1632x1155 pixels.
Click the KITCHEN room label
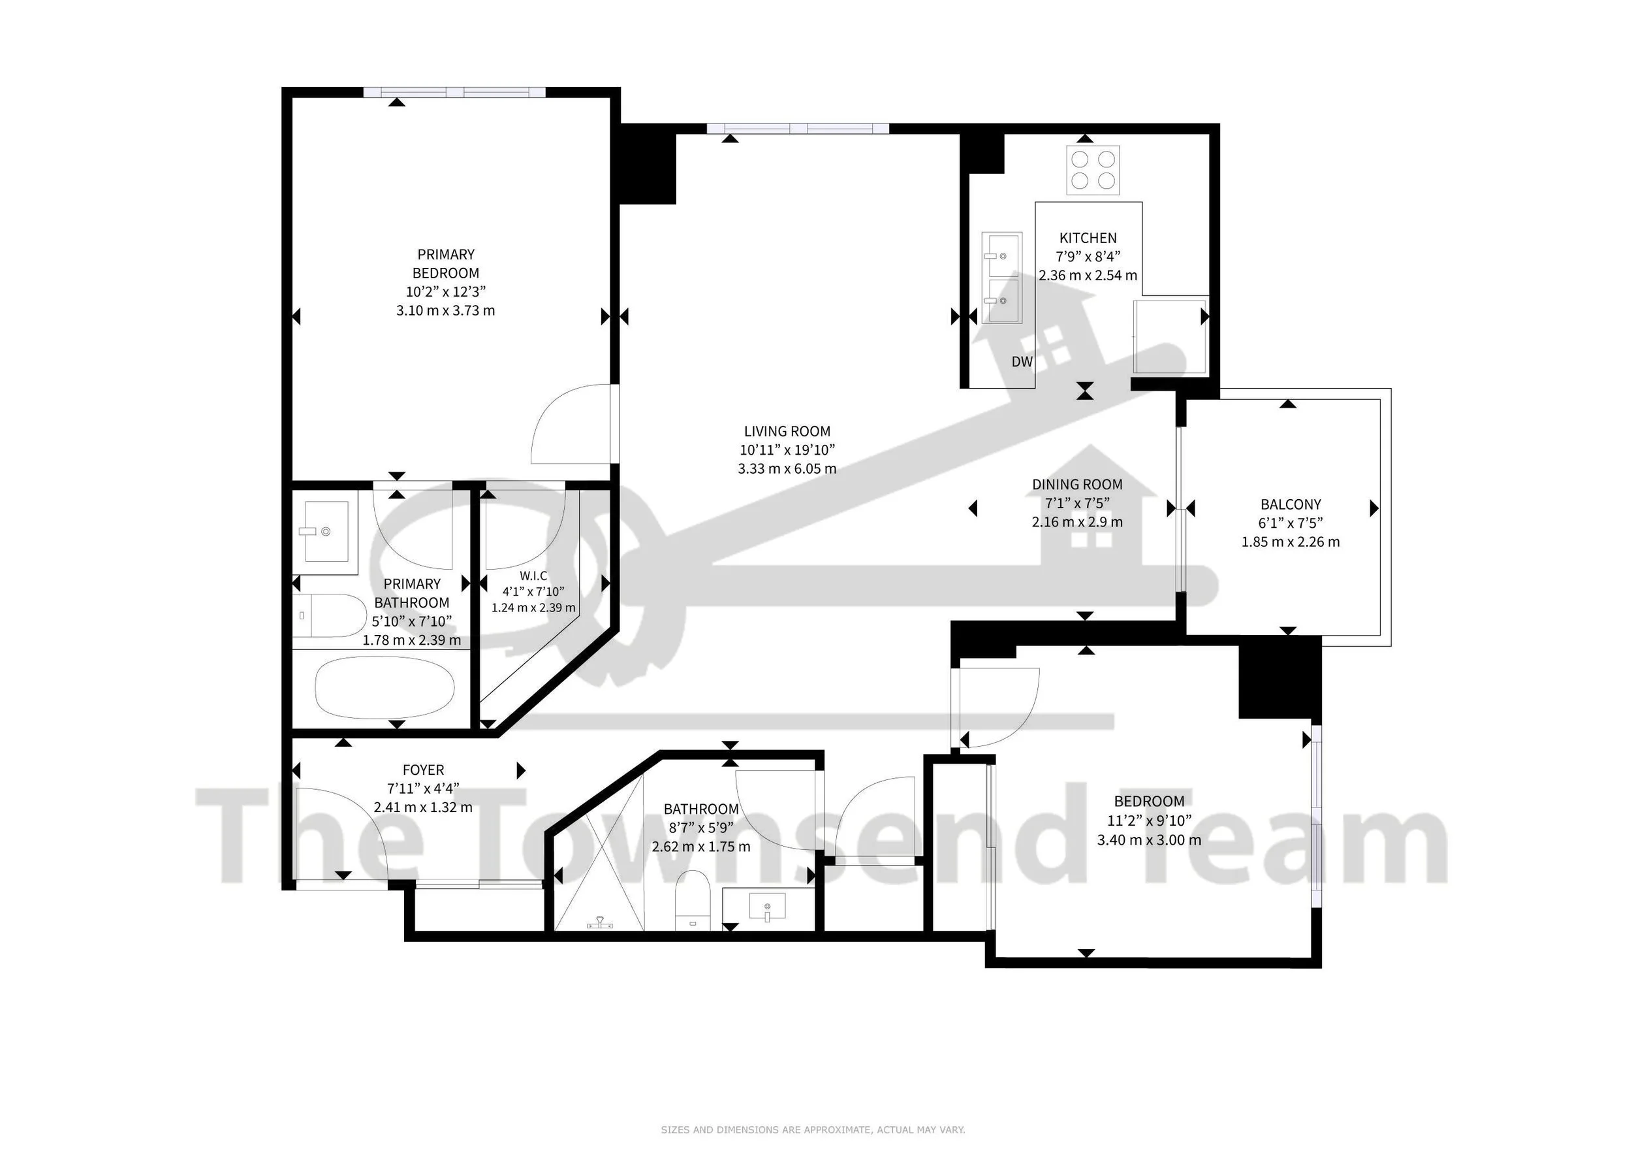click(x=1088, y=238)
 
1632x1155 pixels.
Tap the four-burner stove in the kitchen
click(x=1093, y=171)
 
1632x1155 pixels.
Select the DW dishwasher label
click(x=1022, y=362)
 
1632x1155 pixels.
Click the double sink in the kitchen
click(x=1001, y=278)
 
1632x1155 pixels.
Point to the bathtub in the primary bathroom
click(x=384, y=687)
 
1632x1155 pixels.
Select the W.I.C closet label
click(x=533, y=576)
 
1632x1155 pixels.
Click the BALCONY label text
click(x=1290, y=505)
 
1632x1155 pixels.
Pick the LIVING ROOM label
click(x=787, y=431)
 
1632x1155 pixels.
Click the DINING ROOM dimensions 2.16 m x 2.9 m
click(x=1077, y=522)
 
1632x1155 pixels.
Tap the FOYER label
click(x=423, y=770)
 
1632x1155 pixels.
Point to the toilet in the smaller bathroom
click(x=693, y=900)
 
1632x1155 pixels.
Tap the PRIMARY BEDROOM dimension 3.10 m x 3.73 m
click(x=445, y=311)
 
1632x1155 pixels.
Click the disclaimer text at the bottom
click(x=813, y=1130)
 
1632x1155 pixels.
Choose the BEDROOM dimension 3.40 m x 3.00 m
click(x=1149, y=840)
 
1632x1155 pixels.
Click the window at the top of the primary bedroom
click(x=455, y=91)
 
